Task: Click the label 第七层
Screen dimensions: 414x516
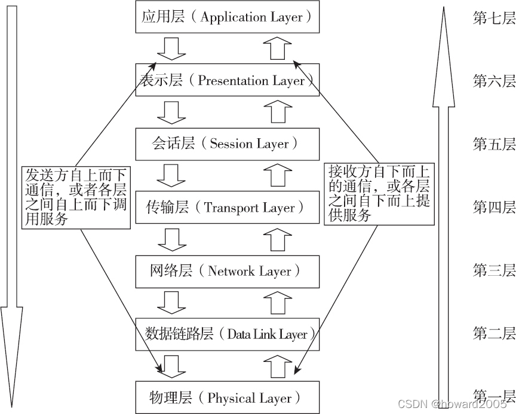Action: [494, 18]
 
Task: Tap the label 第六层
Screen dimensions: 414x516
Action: [494, 81]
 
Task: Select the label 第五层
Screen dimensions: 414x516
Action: [494, 144]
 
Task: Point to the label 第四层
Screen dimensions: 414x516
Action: [494, 208]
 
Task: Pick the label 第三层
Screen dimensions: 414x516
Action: [494, 271]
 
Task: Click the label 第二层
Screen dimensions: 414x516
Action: [494, 334]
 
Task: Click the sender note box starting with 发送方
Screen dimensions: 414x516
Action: [76, 197]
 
